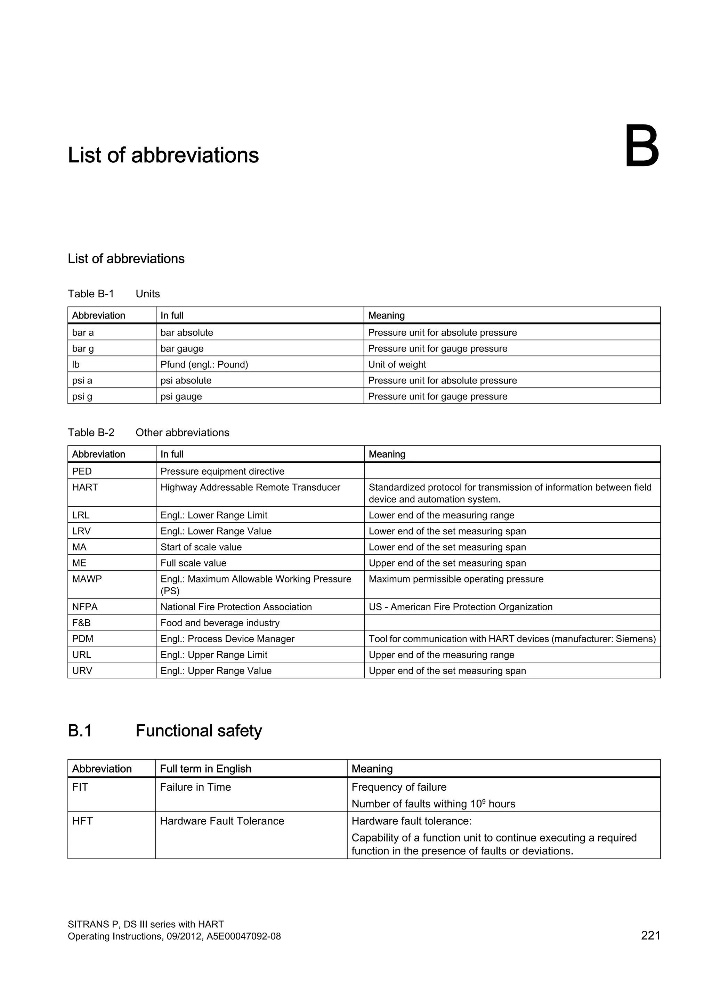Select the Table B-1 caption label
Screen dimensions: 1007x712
[x=91, y=294]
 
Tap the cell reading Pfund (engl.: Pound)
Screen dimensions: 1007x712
[x=204, y=364]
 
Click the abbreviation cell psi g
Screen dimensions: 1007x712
[x=82, y=396]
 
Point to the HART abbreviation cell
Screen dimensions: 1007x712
[x=85, y=487]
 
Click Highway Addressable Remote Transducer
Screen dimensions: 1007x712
[x=250, y=487]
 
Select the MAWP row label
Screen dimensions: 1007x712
[x=87, y=579]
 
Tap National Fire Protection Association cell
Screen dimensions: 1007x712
[x=236, y=607]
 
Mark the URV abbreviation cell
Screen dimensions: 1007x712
[x=82, y=671]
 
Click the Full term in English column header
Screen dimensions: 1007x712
[x=205, y=769]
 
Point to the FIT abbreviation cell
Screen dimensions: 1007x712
[x=80, y=787]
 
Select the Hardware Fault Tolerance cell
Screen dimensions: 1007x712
[x=222, y=821]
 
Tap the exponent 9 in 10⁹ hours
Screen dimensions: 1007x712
[x=484, y=800]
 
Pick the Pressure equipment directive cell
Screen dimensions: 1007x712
[x=222, y=472]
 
